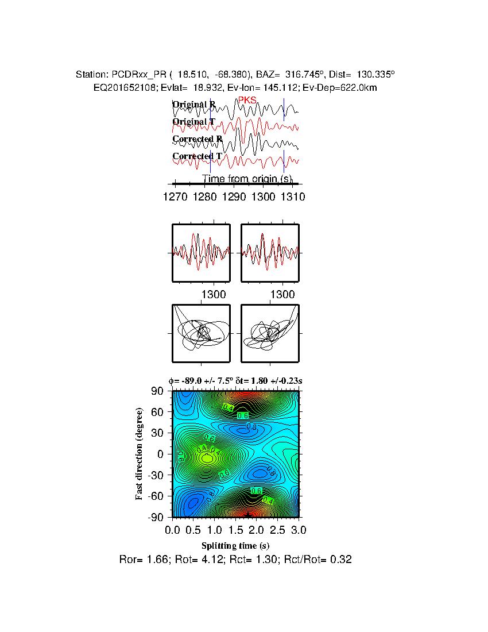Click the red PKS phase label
point(247,100)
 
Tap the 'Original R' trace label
point(194,105)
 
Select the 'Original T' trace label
point(194,122)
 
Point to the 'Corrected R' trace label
point(197,139)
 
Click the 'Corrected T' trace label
point(197,156)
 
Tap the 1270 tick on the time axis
point(175,196)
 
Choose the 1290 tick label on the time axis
point(234,196)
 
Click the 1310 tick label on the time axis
point(293,196)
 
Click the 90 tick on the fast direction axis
point(157,391)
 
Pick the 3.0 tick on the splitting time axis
point(299,529)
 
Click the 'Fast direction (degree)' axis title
point(140,454)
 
